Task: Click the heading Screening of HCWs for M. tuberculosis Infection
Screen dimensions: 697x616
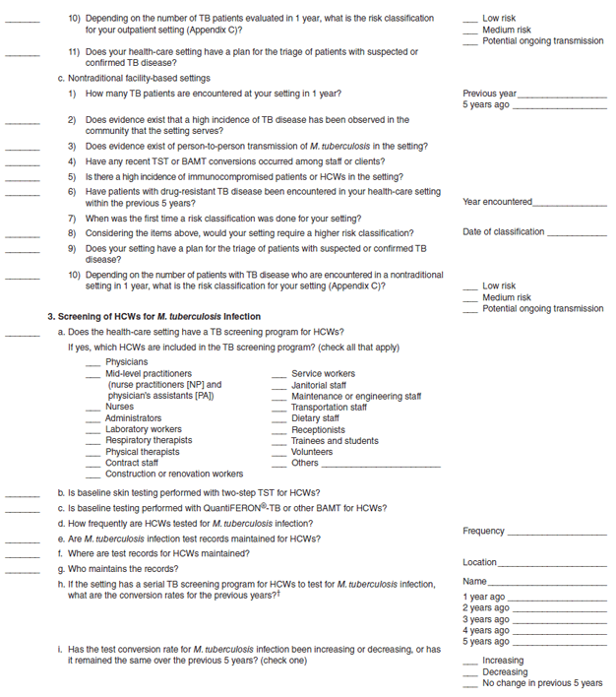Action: (154, 317)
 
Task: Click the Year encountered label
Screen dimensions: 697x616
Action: (497, 202)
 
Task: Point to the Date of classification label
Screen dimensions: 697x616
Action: (503, 232)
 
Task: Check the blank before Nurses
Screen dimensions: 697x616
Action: (93, 407)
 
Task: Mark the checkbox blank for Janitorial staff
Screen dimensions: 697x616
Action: (280, 386)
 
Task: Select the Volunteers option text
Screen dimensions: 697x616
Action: (312, 452)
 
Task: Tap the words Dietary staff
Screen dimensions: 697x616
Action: (316, 418)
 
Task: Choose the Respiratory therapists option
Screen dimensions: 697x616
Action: (149, 440)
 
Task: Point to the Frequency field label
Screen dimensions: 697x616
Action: (483, 532)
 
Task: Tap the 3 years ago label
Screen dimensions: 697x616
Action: (485, 619)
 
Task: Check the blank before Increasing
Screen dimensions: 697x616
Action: (471, 662)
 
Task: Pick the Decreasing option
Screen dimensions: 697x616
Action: (505, 671)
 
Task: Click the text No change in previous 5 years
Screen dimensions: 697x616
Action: (542, 683)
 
